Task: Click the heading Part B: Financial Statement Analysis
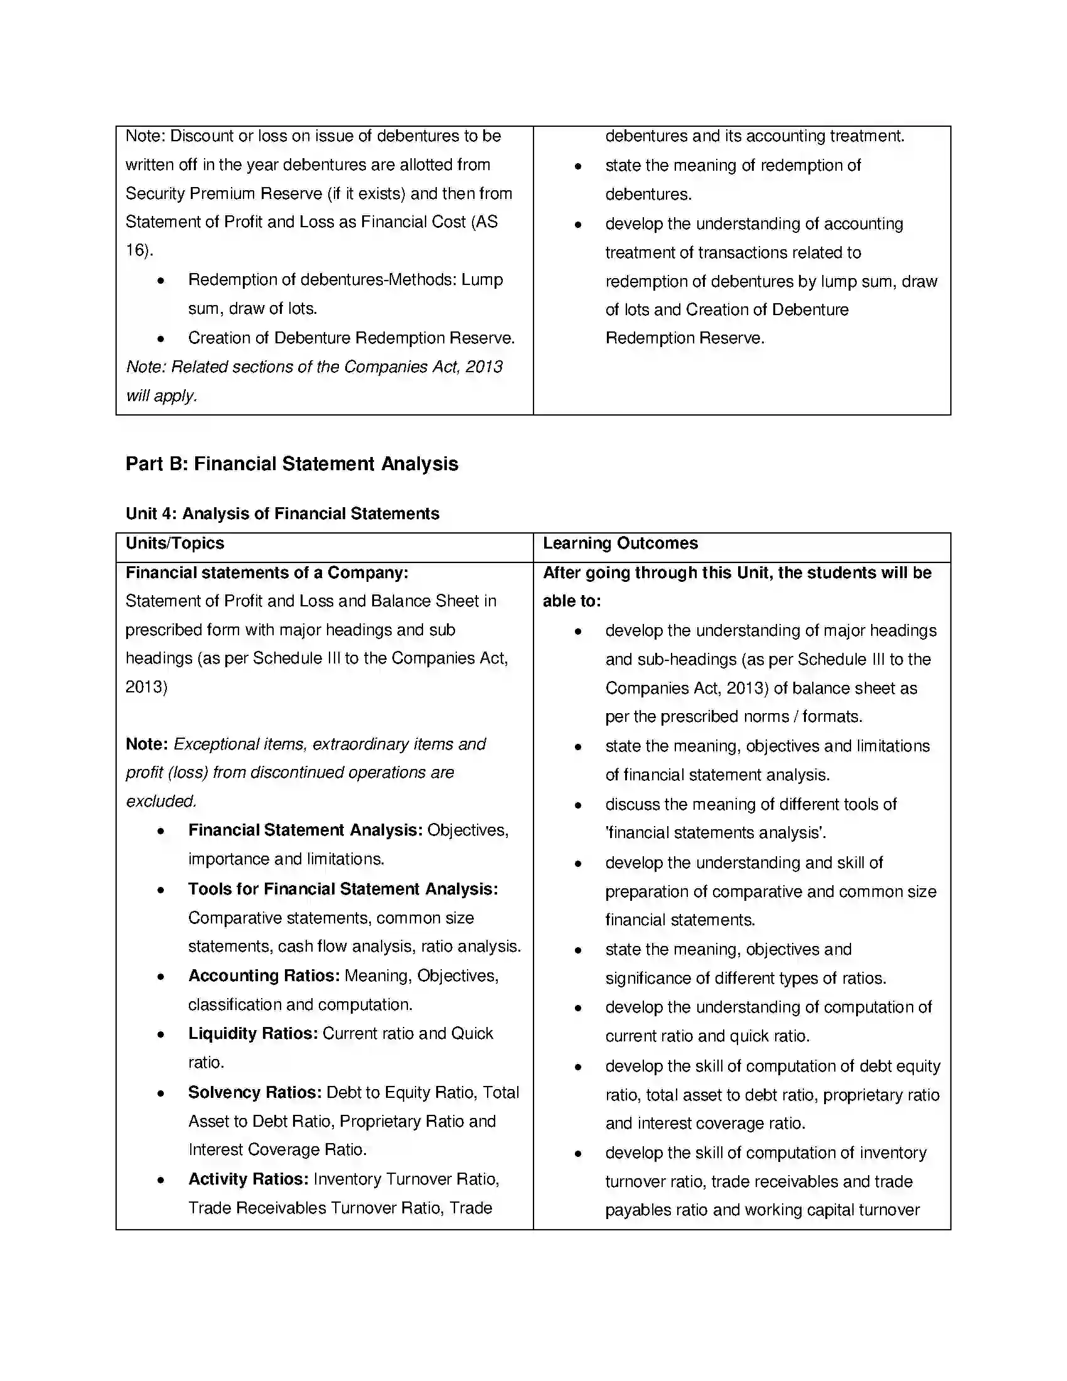click(291, 463)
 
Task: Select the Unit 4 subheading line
click(282, 513)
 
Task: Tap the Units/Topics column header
click(175, 544)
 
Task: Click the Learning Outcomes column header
click(620, 544)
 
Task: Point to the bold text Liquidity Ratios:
click(253, 1034)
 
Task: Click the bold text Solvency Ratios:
click(255, 1093)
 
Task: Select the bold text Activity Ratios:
click(248, 1179)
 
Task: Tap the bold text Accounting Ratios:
click(264, 975)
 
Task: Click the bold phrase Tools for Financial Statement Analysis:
click(343, 889)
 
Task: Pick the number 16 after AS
click(136, 250)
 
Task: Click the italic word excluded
click(161, 801)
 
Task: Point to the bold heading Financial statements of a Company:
click(267, 573)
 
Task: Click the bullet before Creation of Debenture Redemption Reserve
click(161, 339)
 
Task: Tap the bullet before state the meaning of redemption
click(577, 166)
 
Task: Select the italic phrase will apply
click(161, 396)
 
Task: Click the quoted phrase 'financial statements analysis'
click(715, 833)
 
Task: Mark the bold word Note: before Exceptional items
click(147, 744)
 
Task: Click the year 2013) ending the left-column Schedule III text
click(146, 687)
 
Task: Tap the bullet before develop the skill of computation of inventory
click(577, 1154)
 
